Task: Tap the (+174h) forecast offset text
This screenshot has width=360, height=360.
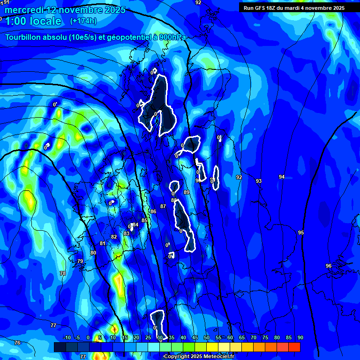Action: [x=83, y=21]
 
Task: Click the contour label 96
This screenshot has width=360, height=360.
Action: [x=329, y=266]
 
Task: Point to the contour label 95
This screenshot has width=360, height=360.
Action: [x=301, y=232]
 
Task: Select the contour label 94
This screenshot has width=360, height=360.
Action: [x=282, y=177]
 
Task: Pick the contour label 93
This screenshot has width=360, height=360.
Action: [x=259, y=181]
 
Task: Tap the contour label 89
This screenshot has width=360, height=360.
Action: [x=187, y=192]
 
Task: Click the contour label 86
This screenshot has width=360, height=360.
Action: [x=153, y=211]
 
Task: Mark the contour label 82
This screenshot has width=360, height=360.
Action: [x=114, y=237]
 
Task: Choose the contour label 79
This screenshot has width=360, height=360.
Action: [x=80, y=261]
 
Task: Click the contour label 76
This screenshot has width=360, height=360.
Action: [x=17, y=343]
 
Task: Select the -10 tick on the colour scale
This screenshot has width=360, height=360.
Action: [x=67, y=337]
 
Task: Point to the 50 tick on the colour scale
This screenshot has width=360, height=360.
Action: [x=207, y=337]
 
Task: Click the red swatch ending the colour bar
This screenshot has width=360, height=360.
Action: [x=294, y=347]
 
